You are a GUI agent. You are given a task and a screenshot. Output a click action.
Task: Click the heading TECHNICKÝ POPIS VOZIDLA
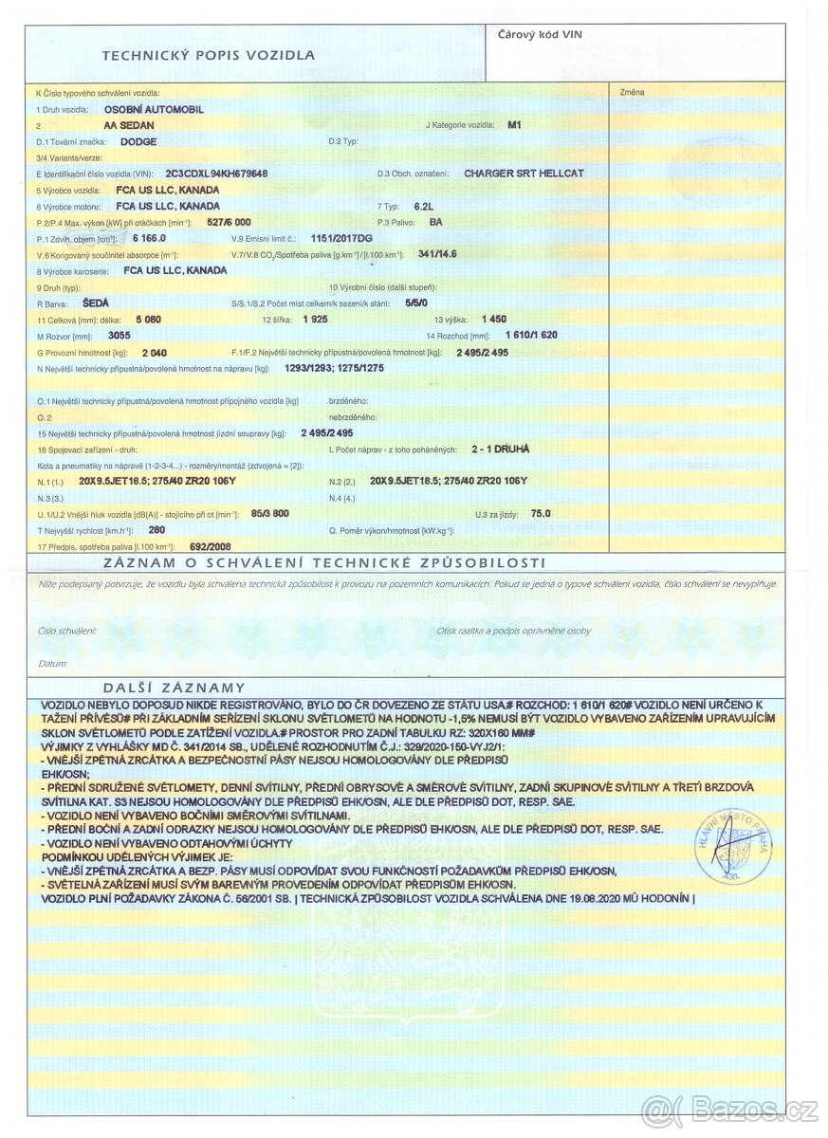pos(208,55)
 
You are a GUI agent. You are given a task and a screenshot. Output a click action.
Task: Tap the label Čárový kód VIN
pos(540,34)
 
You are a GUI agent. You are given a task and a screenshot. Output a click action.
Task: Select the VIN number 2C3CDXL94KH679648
pos(216,174)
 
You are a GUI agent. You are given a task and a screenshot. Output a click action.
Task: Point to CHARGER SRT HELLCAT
pos(524,174)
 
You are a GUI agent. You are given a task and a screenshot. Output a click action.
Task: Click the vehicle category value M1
pos(515,125)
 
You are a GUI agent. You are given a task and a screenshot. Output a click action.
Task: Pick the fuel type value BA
pos(436,222)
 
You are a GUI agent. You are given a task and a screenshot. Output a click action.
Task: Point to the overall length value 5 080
pos(150,319)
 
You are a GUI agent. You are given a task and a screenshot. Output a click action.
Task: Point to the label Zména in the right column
pos(632,92)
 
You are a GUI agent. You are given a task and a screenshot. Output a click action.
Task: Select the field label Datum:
pos(53,664)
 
